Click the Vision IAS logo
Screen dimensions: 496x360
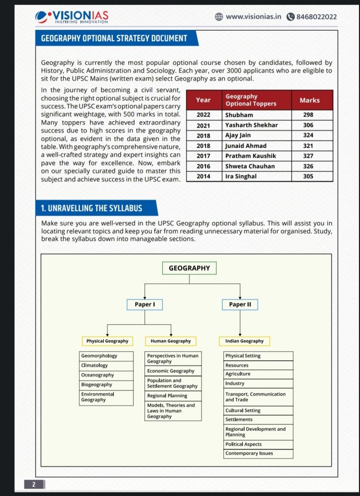71,17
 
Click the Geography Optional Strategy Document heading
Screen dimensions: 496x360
114,38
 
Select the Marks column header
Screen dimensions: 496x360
309,100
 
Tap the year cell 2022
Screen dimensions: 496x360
203,114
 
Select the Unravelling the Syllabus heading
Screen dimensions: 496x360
91,208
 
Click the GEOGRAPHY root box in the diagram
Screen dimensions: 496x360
189,268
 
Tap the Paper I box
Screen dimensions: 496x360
145,304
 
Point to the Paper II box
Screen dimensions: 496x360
240,304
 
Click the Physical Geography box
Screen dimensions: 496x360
107,341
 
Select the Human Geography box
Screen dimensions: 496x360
171,341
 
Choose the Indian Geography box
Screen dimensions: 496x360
244,341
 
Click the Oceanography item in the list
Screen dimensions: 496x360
97,375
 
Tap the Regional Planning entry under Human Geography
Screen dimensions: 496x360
167,396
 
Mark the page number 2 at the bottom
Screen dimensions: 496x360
33,485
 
